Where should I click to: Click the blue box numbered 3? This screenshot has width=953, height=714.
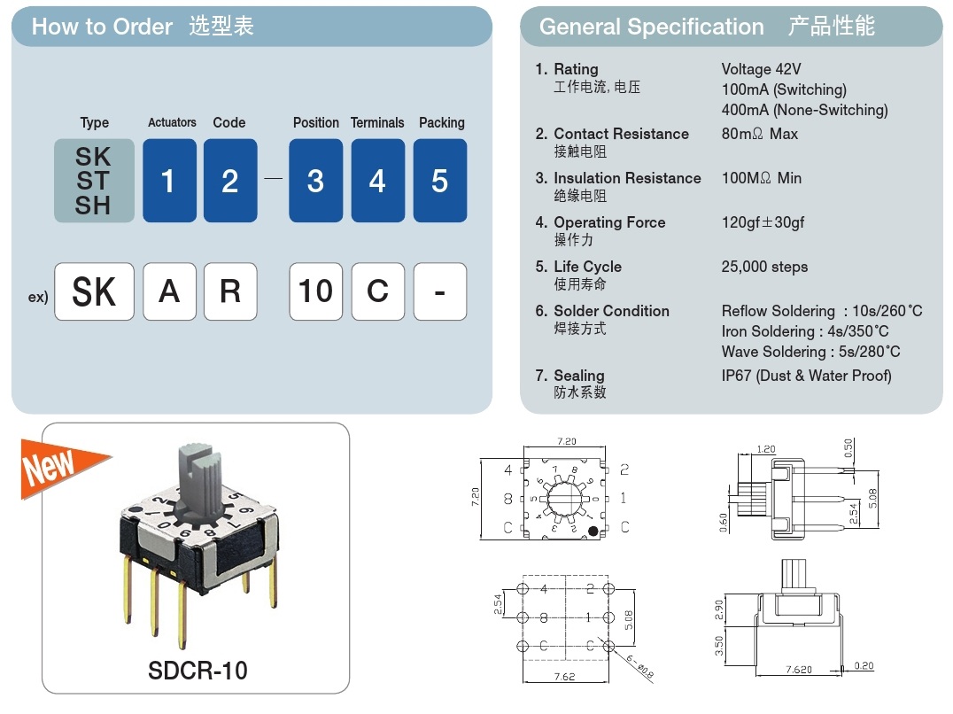click(x=315, y=181)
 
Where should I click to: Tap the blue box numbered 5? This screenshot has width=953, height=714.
click(x=439, y=181)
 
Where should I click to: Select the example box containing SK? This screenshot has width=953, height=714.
click(x=94, y=291)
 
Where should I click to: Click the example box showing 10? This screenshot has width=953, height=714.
click(x=315, y=291)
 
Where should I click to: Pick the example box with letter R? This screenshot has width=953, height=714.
click(x=230, y=291)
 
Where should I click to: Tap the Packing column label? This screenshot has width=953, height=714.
click(x=441, y=122)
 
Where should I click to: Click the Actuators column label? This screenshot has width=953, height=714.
click(x=172, y=122)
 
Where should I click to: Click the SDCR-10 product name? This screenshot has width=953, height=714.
click(x=198, y=671)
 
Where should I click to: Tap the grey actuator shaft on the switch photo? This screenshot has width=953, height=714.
click(x=200, y=477)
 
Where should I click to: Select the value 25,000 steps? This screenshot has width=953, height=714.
click(x=764, y=267)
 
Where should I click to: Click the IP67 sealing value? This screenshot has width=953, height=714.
click(x=806, y=376)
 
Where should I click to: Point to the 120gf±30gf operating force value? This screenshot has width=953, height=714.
click(x=763, y=222)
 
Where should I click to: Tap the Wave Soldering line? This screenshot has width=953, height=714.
click(x=810, y=352)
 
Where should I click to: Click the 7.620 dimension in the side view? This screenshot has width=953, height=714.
click(x=796, y=670)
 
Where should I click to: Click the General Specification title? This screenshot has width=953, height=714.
click(x=651, y=27)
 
